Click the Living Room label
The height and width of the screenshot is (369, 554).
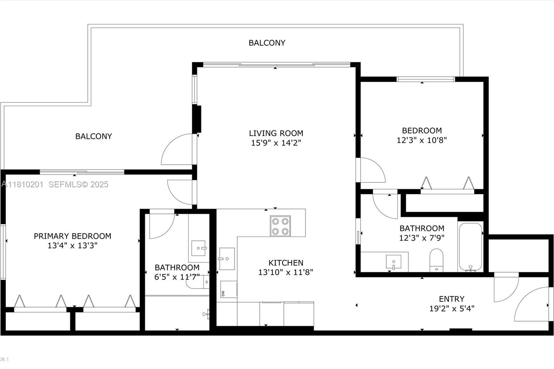(x=276, y=133)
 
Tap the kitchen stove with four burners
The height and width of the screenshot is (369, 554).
(x=280, y=226)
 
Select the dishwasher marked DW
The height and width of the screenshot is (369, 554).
(x=228, y=289)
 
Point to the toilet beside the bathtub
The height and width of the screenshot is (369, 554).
(x=436, y=260)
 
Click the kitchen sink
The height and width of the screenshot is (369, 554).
(x=227, y=259)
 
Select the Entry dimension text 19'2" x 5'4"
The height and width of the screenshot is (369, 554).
(x=452, y=308)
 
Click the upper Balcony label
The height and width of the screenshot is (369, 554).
(x=267, y=43)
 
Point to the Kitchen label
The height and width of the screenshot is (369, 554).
(x=286, y=263)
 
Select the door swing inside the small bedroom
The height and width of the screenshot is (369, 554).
(x=372, y=170)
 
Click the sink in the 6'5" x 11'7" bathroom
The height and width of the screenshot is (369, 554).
(x=199, y=248)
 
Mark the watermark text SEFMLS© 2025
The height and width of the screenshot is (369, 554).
(x=78, y=184)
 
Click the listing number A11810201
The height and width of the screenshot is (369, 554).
(x=22, y=184)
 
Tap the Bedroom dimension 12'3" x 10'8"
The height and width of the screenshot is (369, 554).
(x=421, y=140)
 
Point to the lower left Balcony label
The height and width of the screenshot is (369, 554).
(x=93, y=136)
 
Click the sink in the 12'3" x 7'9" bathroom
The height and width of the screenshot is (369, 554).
(x=394, y=262)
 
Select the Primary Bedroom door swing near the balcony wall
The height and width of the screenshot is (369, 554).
(x=180, y=191)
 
